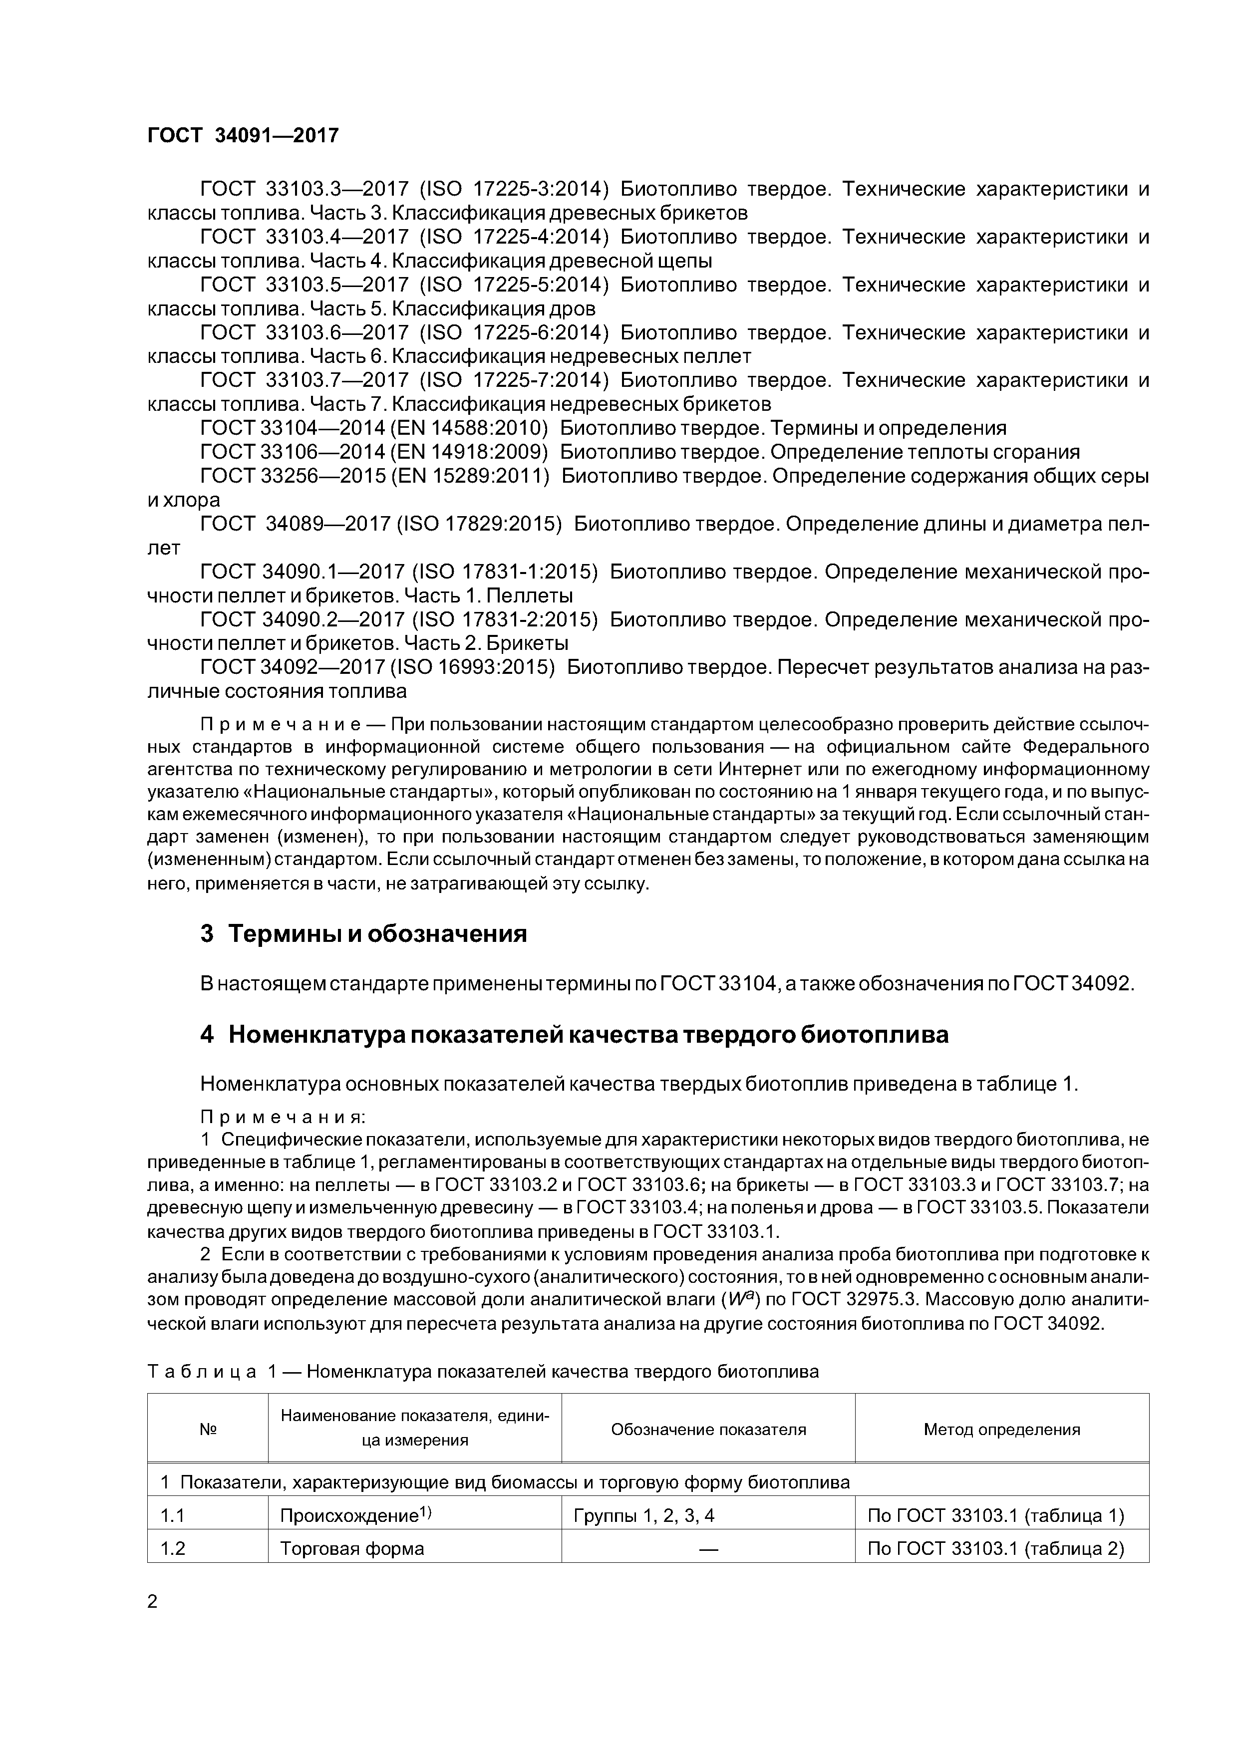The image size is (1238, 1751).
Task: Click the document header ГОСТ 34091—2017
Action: click(243, 136)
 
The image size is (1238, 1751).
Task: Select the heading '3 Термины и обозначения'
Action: click(363, 933)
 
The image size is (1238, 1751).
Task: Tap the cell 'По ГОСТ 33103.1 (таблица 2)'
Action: click(995, 1548)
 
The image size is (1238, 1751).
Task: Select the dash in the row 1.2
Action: click(708, 1549)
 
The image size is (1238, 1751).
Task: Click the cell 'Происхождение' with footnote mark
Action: click(355, 1515)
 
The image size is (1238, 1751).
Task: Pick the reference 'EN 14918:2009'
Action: click(468, 452)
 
